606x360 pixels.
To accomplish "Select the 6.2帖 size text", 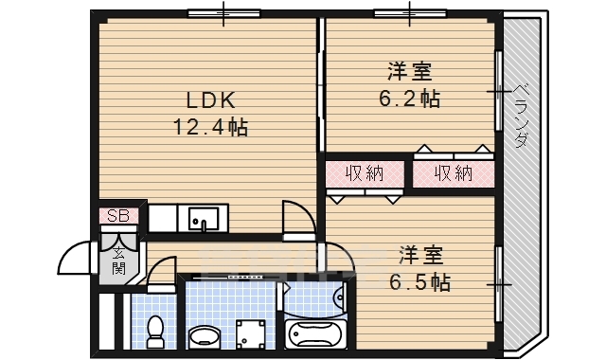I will click(x=411, y=97).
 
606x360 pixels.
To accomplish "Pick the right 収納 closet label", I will click(x=454, y=173).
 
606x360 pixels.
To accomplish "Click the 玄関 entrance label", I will click(x=119, y=260).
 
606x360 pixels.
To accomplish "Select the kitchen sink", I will click(x=203, y=221).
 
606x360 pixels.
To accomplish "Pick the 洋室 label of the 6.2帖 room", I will click(x=410, y=71).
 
